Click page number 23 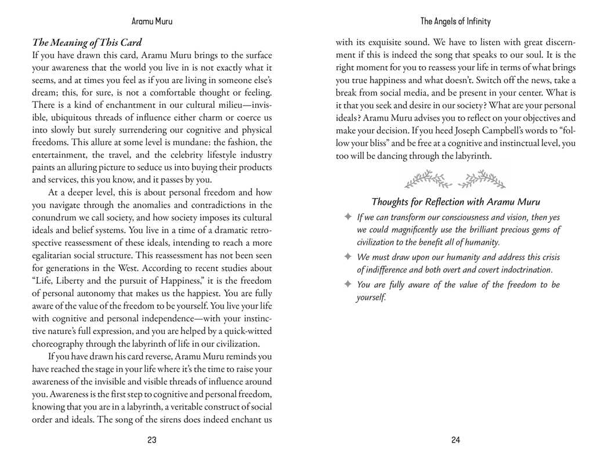click(x=152, y=440)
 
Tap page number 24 click(x=455, y=440)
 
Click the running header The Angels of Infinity click(x=455, y=21)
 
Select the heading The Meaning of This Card click(x=87, y=42)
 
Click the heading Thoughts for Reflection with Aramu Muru click(x=455, y=202)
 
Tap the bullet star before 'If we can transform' click(x=348, y=217)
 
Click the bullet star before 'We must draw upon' click(x=348, y=256)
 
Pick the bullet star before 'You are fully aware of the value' click(x=348, y=284)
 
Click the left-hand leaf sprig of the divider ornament click(x=429, y=179)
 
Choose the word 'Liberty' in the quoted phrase click(x=77, y=281)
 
